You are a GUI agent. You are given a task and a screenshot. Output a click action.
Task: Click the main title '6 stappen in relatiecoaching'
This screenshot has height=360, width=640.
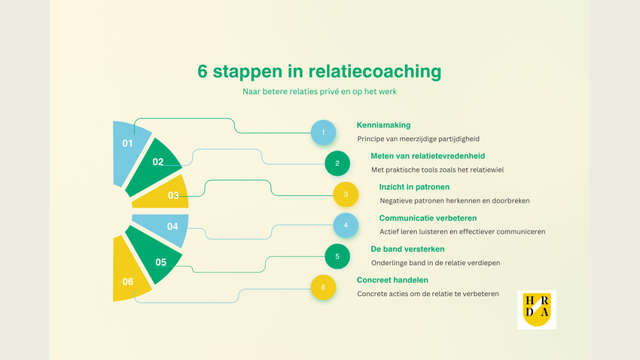point(319,72)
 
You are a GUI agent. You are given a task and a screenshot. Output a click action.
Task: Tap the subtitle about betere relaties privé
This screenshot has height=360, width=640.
point(319,92)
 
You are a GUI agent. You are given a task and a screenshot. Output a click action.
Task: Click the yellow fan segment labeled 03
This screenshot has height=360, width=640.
point(169,194)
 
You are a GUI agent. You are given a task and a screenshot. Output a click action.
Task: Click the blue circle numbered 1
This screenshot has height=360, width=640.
point(323,133)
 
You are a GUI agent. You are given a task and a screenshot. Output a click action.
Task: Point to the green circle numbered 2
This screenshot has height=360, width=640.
point(337,163)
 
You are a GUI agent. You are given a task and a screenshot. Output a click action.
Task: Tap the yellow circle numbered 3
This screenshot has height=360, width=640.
point(346,194)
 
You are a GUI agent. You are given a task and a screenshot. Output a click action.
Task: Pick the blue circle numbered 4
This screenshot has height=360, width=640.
point(346,225)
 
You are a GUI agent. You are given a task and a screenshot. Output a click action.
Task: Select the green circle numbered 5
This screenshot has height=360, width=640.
point(337,256)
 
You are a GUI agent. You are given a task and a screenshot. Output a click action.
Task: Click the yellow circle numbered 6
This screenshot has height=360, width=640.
point(323,287)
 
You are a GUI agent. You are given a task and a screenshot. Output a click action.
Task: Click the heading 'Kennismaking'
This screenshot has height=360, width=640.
point(383,125)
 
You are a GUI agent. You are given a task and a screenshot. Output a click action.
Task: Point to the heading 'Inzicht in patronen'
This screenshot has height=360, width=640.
point(414,187)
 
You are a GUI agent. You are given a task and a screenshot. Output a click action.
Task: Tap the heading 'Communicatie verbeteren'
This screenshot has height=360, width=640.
point(426,218)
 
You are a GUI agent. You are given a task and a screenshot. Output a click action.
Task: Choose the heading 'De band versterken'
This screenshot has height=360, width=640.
point(407,249)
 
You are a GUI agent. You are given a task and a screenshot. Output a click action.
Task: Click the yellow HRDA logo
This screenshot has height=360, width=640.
point(537,310)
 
